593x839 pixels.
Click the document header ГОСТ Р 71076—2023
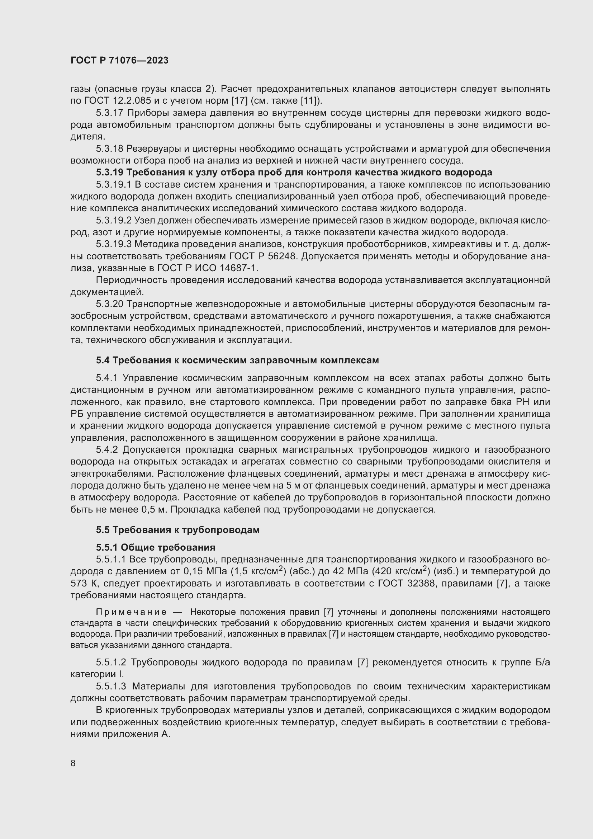click(x=119, y=61)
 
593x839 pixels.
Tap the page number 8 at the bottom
click(x=73, y=763)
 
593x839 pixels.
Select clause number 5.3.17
click(x=110, y=113)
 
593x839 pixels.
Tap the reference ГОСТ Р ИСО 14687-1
click(x=207, y=268)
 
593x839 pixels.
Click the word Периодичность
click(x=124, y=280)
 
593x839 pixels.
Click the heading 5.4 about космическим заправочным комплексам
click(x=237, y=360)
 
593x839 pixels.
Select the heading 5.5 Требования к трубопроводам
click(x=178, y=530)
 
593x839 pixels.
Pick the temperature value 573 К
click(x=81, y=584)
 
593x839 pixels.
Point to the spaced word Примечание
click(x=131, y=612)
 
